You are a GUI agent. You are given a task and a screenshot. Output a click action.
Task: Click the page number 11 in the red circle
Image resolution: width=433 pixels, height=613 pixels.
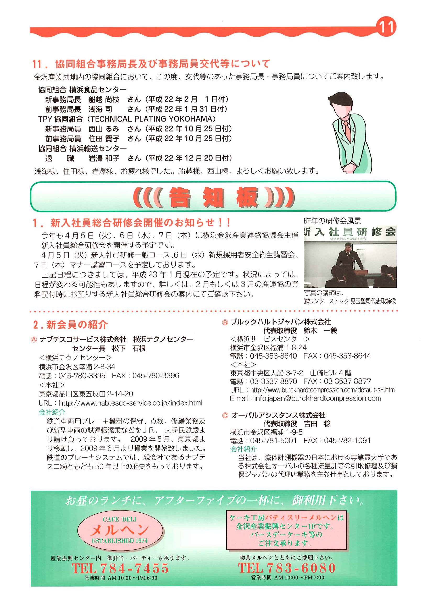click(x=386, y=27)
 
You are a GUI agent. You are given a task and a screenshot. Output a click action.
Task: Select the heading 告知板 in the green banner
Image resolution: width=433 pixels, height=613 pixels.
click(x=213, y=197)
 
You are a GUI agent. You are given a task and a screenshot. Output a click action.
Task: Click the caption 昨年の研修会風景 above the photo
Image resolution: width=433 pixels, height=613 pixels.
click(x=332, y=221)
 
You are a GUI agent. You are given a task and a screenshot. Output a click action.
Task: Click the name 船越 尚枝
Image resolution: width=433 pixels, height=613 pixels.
click(x=104, y=100)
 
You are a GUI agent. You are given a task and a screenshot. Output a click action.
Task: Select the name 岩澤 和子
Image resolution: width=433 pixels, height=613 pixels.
click(x=104, y=158)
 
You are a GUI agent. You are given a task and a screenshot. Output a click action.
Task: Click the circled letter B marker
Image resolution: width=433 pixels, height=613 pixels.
click(x=225, y=322)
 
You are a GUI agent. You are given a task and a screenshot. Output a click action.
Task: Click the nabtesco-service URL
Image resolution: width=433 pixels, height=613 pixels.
click(x=130, y=403)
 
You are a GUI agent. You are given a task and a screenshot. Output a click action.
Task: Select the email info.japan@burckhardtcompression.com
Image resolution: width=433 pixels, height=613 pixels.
click(x=318, y=398)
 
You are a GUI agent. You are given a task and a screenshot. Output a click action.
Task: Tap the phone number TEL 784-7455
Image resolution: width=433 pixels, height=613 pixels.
click(x=120, y=568)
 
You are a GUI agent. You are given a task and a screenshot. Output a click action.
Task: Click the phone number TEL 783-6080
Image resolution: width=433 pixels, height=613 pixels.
click(x=287, y=568)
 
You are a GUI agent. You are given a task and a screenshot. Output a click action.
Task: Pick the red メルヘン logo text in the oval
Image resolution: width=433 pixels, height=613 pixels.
click(x=120, y=530)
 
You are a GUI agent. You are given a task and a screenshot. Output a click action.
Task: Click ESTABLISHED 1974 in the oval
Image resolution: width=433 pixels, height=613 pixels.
click(x=120, y=541)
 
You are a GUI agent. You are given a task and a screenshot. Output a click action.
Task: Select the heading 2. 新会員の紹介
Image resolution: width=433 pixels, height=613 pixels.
click(x=70, y=325)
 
